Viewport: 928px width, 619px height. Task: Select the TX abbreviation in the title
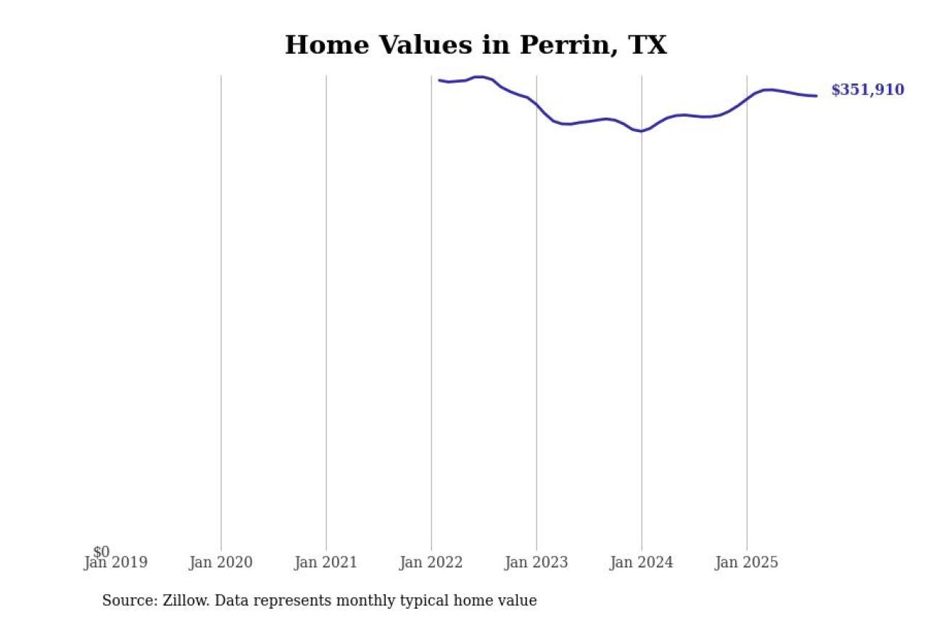(x=647, y=45)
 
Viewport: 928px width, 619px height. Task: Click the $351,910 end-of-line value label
(x=867, y=90)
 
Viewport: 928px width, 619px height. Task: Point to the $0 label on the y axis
(x=101, y=552)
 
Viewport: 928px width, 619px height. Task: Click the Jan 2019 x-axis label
(x=116, y=562)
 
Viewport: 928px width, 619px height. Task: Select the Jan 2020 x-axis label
(x=220, y=562)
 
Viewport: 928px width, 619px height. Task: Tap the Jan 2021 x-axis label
(x=326, y=562)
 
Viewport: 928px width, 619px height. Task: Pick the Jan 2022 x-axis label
(x=431, y=562)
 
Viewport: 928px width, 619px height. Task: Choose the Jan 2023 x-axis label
(x=536, y=562)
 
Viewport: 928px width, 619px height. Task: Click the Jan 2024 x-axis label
(x=641, y=562)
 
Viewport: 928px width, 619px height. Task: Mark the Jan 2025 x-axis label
(x=746, y=562)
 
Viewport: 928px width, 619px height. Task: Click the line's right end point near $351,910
(x=816, y=96)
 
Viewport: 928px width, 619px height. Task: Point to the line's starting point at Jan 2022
(x=439, y=80)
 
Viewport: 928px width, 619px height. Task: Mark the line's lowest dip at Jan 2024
(x=641, y=131)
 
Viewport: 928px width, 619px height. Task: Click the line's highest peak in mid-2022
(x=478, y=76)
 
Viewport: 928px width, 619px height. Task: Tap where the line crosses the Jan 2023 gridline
(x=536, y=105)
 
